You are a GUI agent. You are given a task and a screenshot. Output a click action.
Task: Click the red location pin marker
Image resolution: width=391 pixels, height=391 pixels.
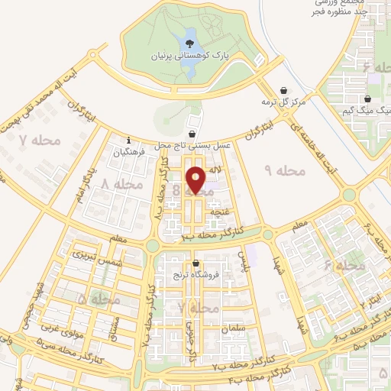click(x=195, y=180)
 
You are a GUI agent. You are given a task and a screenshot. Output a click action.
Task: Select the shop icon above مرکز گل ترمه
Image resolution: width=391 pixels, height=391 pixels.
click(x=284, y=90)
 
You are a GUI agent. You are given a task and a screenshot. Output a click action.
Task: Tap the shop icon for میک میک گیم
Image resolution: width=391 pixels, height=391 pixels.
click(x=368, y=99)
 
